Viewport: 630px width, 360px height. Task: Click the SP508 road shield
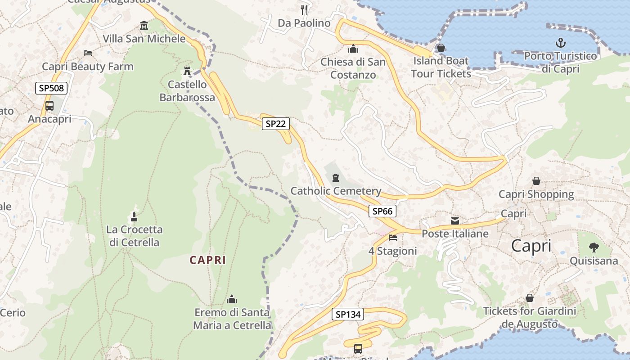pos(51,88)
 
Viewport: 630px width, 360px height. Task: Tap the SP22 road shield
pos(275,124)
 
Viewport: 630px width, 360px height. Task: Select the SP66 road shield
pos(382,211)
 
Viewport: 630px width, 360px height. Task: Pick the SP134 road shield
pos(348,314)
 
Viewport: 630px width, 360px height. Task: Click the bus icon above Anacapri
pos(49,106)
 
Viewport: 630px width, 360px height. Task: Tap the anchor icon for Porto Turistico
pos(560,43)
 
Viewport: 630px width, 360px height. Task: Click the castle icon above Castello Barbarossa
pos(187,71)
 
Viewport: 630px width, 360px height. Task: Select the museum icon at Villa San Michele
pos(144,25)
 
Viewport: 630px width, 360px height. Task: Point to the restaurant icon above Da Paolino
pos(304,9)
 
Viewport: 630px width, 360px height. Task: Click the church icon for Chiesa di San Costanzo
pos(353,48)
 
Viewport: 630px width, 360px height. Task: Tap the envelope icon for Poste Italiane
pos(455,220)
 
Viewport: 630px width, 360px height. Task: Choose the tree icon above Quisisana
pos(594,247)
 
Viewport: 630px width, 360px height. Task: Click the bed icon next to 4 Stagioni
pos(393,237)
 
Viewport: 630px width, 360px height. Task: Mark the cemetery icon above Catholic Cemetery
pos(336,178)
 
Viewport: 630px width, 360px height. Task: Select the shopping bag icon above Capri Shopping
pos(536,181)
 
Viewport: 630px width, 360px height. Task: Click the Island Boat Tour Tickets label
pos(441,67)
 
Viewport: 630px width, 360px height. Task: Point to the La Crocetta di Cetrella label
pos(134,236)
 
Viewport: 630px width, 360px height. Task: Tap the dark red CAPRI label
pos(207,260)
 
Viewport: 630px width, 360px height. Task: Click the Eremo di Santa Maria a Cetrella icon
pos(232,299)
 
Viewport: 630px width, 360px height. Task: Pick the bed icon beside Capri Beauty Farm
pos(88,53)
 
